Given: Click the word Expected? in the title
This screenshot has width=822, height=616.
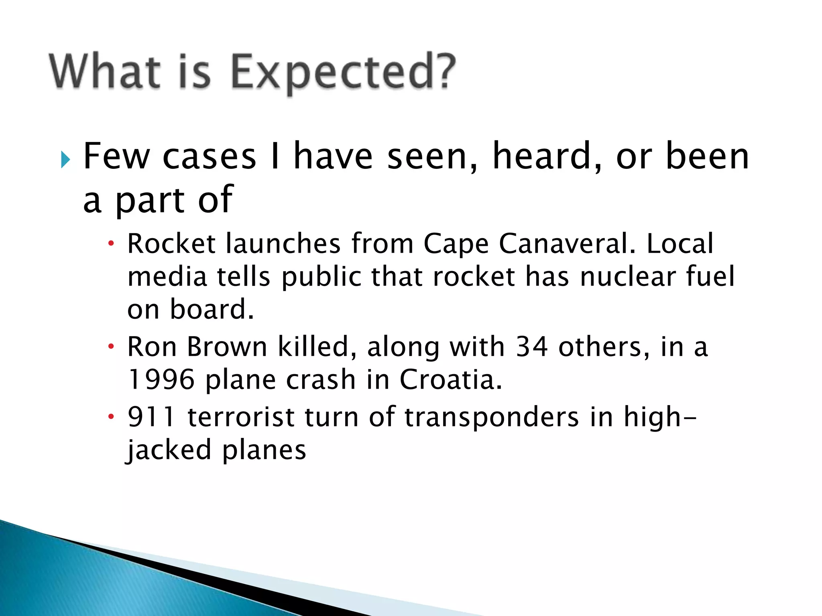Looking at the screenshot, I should pos(344,72).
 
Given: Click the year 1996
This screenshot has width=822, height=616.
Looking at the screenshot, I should pos(161,379).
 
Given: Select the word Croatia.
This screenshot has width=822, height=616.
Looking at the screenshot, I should pos(450,379).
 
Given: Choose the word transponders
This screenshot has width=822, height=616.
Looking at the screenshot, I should pos(492,417).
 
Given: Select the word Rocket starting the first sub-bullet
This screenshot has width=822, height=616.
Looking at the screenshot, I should pos(172,243).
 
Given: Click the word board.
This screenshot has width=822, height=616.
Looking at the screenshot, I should pos(212,309).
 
